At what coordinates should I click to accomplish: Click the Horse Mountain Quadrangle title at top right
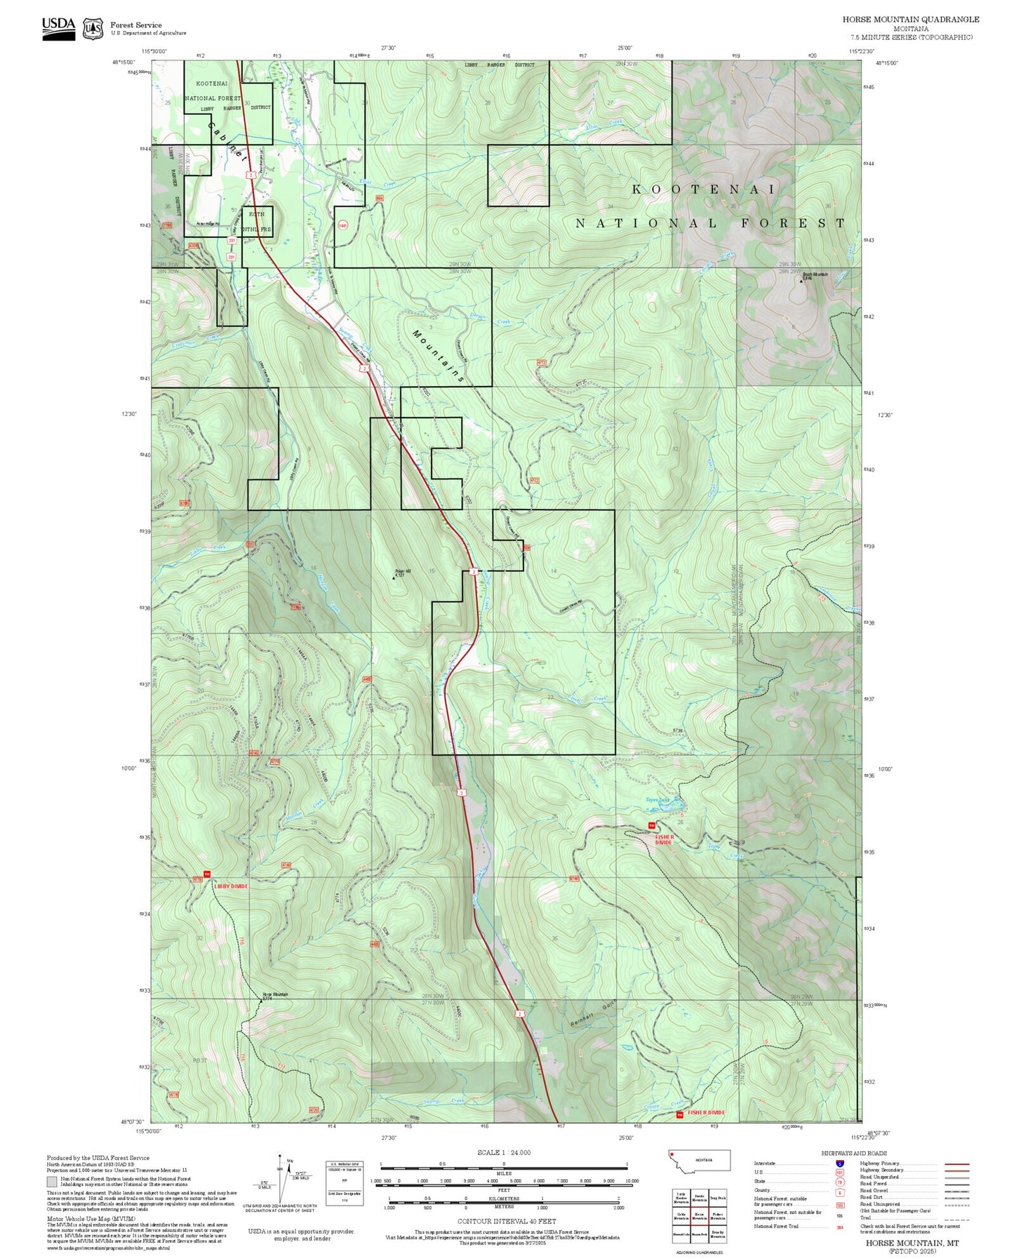tap(911, 20)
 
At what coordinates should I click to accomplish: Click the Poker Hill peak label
tap(402, 571)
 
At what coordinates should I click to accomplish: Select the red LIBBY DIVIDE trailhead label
tap(231, 886)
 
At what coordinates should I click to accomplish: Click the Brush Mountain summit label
tap(815, 275)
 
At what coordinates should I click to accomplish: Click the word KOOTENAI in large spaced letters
tap(704, 189)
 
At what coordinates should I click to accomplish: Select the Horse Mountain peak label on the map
tap(274, 995)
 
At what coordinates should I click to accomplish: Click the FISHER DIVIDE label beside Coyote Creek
tap(707, 1112)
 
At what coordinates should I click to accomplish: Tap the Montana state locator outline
tap(699, 1160)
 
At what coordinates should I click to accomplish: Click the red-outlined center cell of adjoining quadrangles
tap(699, 1215)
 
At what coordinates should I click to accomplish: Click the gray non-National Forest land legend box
tap(52, 1181)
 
